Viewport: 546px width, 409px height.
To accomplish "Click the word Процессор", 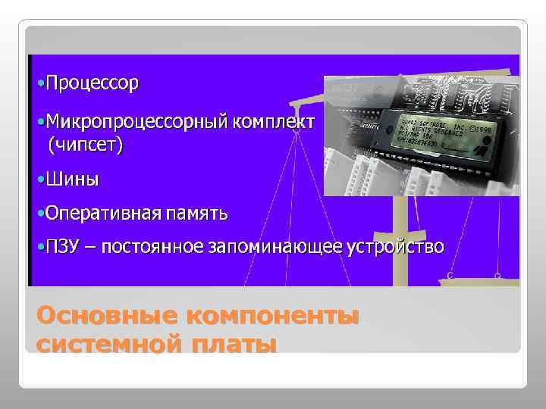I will coord(92,83).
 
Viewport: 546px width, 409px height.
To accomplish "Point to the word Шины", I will coord(72,180).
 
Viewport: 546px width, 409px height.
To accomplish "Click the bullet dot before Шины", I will coord(41,180).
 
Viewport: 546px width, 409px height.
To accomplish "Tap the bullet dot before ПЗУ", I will coord(41,248).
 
